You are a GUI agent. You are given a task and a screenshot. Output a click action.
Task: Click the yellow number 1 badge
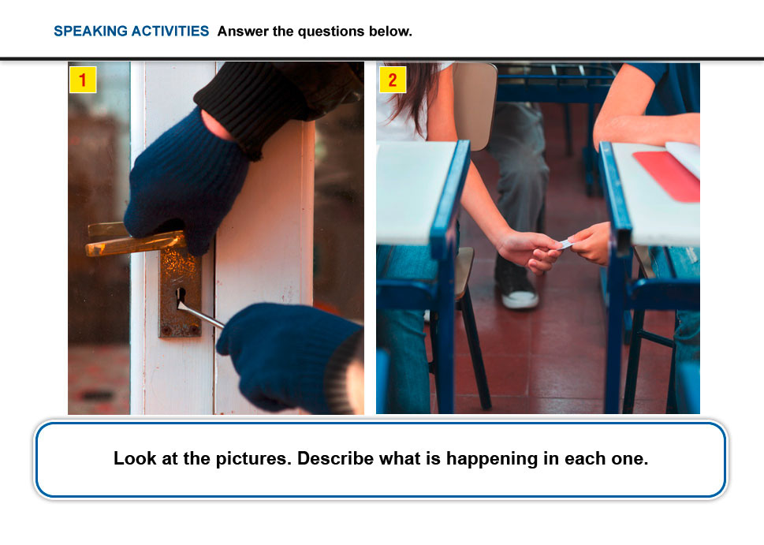click(x=83, y=80)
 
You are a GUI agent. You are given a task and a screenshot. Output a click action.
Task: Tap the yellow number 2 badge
click(x=393, y=80)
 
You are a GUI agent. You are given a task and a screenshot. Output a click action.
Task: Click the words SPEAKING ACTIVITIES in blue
click(x=131, y=32)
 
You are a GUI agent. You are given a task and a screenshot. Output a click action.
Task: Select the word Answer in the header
click(x=243, y=32)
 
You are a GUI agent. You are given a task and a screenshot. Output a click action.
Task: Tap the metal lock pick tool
click(x=199, y=314)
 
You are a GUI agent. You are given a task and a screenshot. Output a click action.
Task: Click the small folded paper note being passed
click(x=565, y=243)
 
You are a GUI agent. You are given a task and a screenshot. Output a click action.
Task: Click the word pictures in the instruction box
click(x=253, y=460)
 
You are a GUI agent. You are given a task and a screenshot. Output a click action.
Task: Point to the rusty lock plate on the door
click(x=180, y=293)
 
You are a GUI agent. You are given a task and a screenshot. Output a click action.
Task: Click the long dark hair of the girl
click(x=415, y=92)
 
